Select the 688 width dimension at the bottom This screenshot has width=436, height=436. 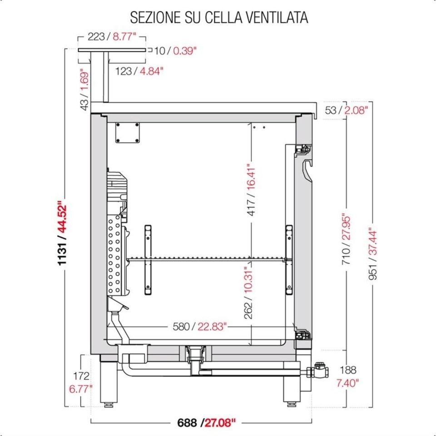187,423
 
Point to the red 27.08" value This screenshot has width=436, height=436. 220,423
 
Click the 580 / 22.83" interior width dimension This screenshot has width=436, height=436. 199,326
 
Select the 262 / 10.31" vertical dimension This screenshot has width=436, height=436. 248,292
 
